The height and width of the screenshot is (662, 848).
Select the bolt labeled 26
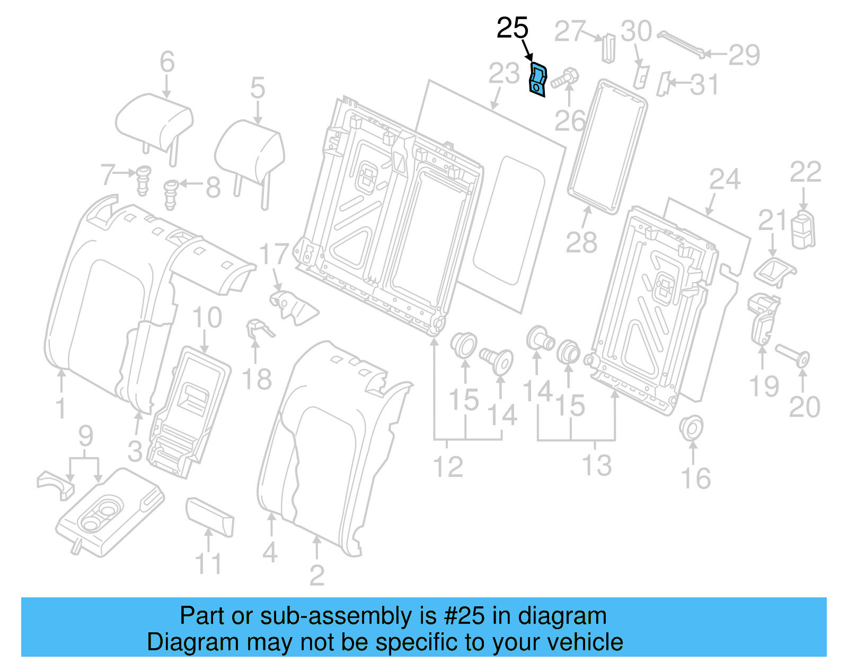(565, 78)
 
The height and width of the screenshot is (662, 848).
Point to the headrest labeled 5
(250, 151)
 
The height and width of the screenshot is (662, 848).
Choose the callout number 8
(213, 187)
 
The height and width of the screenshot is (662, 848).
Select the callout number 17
(273, 254)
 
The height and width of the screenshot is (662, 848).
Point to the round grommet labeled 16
(691, 427)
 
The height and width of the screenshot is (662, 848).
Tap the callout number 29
(744, 55)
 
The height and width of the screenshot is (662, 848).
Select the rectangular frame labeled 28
(607, 145)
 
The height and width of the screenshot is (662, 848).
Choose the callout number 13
(597, 465)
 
